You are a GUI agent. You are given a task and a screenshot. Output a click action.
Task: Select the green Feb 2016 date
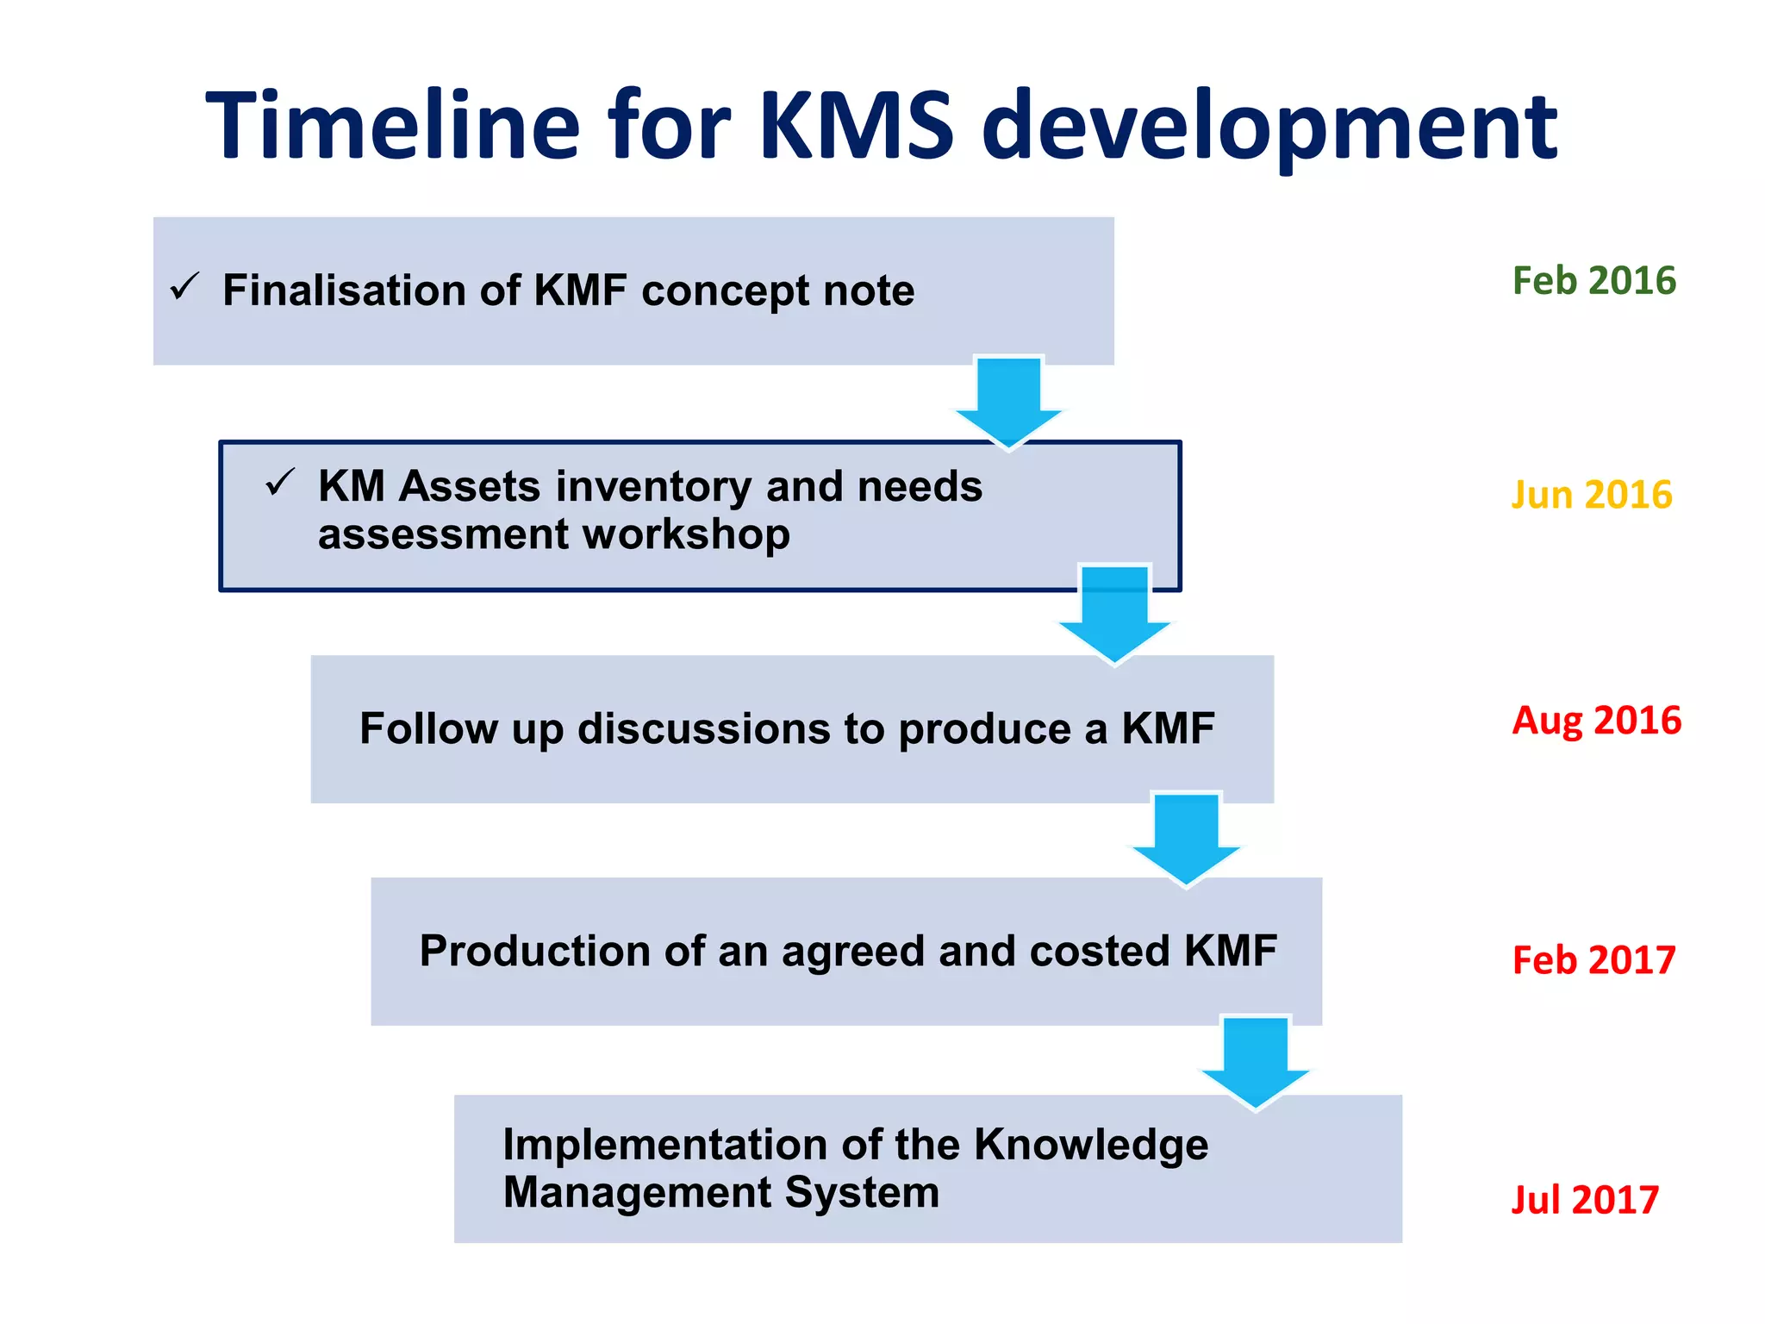[x=1593, y=281]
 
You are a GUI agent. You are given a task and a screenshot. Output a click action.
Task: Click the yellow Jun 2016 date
[x=1591, y=495]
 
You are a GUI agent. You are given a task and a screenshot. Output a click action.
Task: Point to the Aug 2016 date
[x=1596, y=720]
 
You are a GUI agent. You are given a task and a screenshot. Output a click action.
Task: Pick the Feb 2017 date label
[x=1593, y=959]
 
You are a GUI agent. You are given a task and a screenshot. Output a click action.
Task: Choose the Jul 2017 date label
[x=1585, y=1199]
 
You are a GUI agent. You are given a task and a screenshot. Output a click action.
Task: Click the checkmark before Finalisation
[x=184, y=286]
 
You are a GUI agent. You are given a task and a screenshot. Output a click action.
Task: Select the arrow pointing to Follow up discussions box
[x=1114, y=614]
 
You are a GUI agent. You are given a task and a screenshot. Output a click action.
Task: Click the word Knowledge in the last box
[x=1090, y=1146]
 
